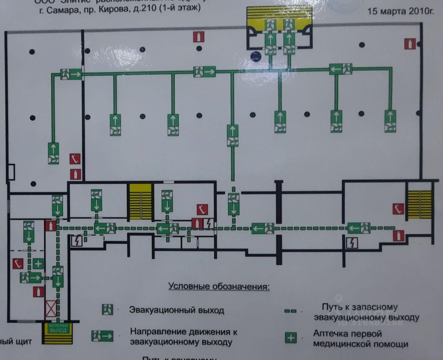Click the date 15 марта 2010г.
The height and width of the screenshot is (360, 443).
[x=400, y=11]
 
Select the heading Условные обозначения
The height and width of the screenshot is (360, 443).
[x=219, y=286]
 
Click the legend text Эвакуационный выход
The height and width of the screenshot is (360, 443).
[x=177, y=310]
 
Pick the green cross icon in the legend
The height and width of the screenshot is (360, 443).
[x=291, y=338]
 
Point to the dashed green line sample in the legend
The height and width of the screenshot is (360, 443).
[x=290, y=311]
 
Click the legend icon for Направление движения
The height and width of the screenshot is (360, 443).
[x=102, y=336]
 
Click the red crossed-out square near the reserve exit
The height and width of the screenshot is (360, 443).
[x=51, y=309]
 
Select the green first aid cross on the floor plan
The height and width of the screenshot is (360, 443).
[x=38, y=264]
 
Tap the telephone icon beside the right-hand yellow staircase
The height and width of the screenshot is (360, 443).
[x=398, y=209]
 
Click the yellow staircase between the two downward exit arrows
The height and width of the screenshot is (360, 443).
[x=141, y=202]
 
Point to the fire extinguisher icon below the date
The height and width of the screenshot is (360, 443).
[x=409, y=44]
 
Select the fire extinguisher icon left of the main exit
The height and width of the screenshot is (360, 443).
[x=199, y=36]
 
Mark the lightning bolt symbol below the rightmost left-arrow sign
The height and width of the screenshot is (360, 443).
[x=352, y=243]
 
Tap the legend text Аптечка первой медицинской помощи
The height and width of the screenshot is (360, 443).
[x=361, y=339]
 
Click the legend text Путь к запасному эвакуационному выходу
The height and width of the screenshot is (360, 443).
[x=366, y=312]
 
